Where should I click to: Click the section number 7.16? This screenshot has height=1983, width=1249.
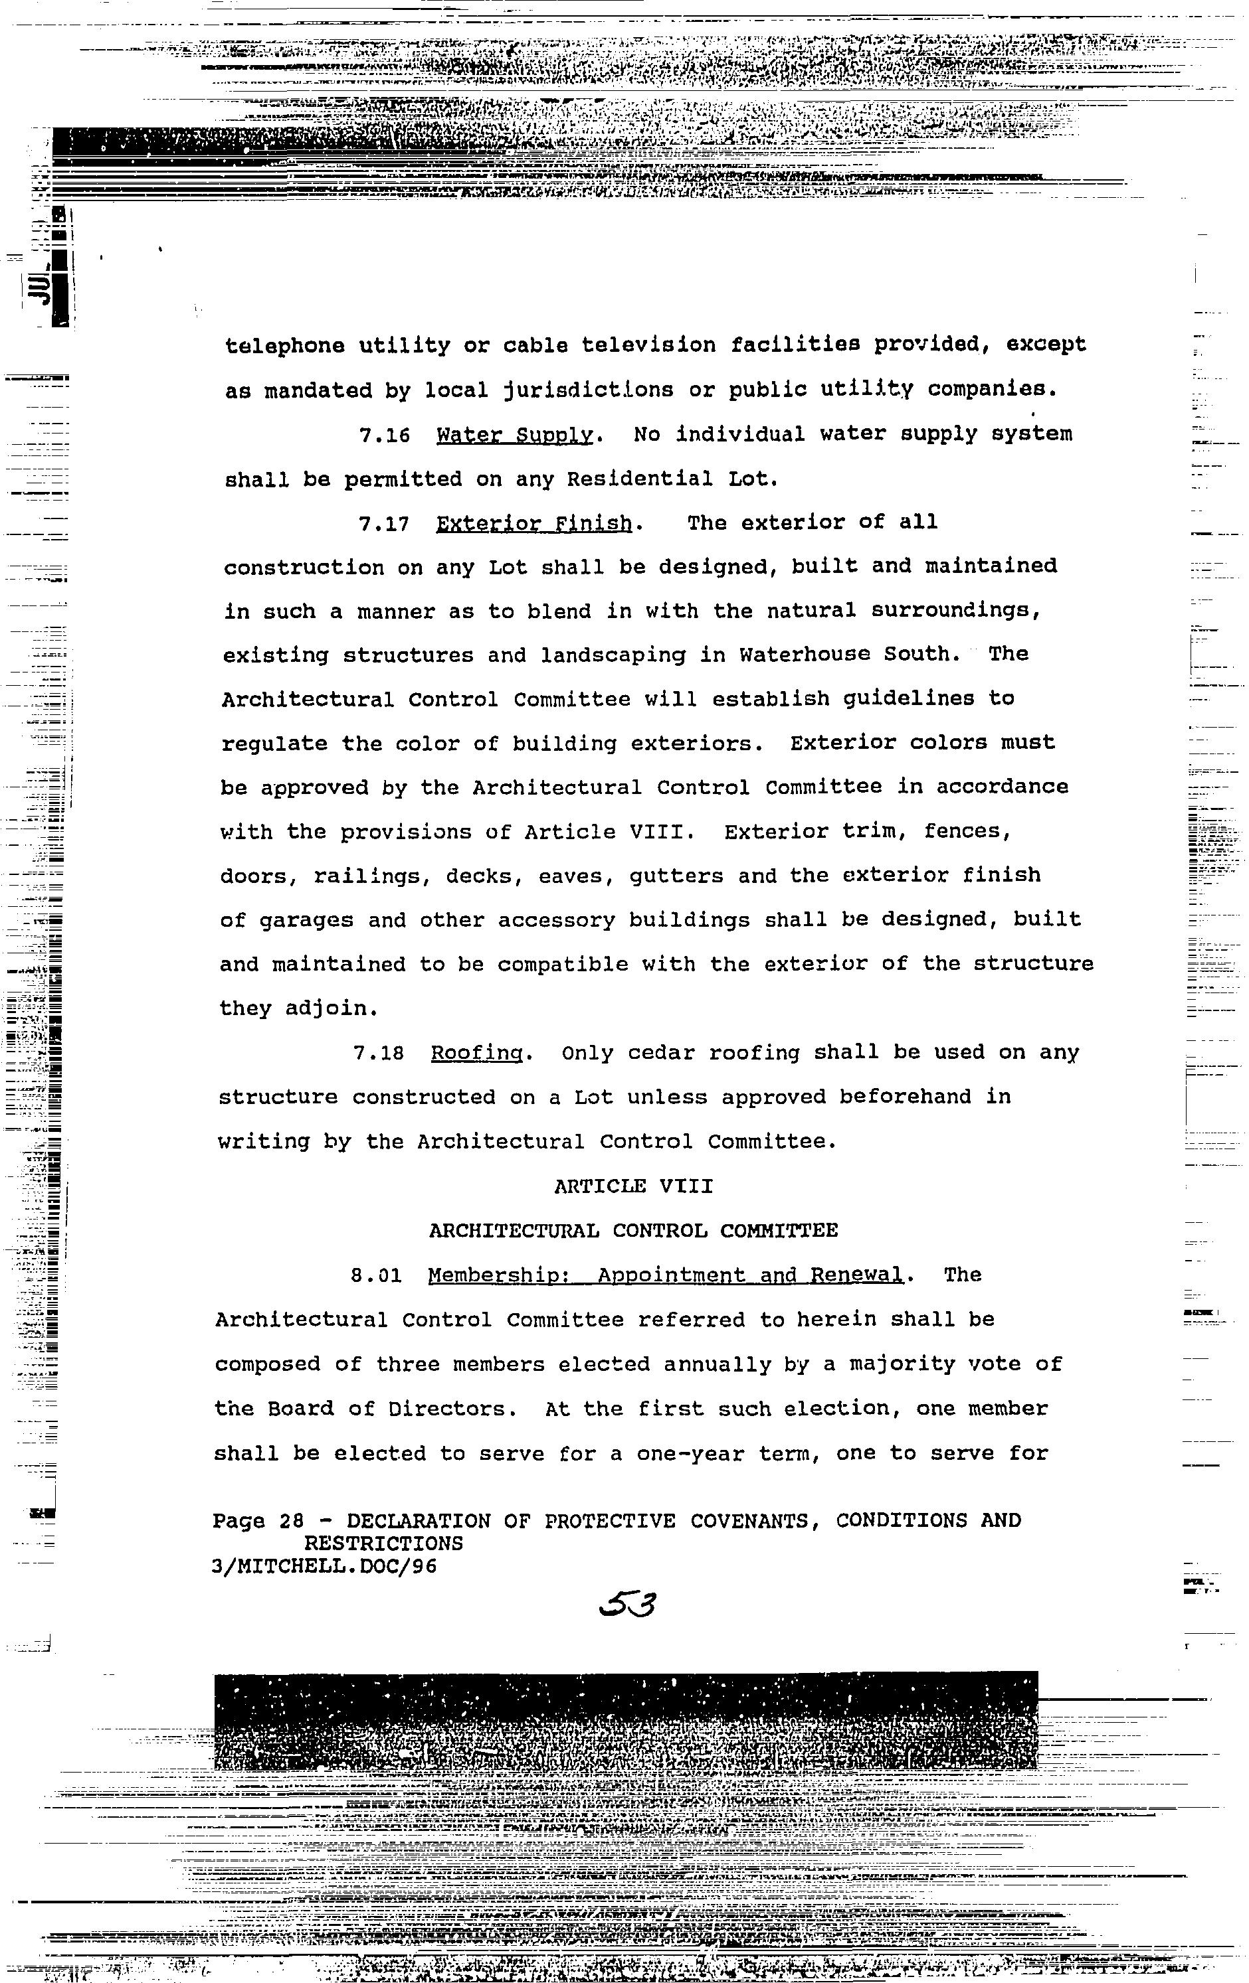[384, 436]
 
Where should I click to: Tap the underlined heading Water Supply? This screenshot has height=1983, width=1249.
[514, 435]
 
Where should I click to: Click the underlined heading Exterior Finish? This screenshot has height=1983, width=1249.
[534, 524]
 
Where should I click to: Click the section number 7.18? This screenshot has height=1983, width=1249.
[377, 1054]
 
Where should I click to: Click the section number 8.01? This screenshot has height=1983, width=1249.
[375, 1275]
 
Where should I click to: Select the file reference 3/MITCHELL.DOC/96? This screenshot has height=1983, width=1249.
[324, 1566]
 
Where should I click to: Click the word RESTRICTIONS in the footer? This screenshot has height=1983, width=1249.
[383, 1544]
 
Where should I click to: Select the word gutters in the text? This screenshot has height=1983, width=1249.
[676, 876]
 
